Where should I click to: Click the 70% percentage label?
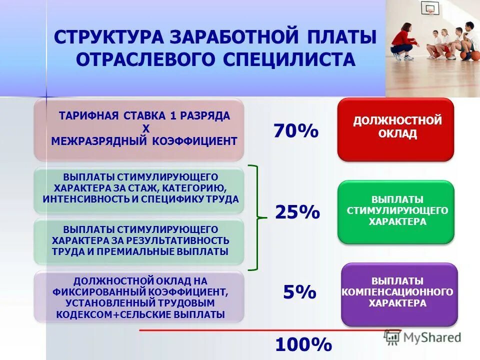(x=295, y=131)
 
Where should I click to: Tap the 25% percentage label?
(x=297, y=212)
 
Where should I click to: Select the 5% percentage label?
(x=299, y=291)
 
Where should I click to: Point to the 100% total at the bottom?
(x=303, y=344)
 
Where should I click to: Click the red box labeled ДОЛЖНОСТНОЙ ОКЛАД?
(x=395, y=129)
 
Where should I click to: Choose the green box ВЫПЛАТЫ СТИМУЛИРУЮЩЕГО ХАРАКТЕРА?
(x=395, y=211)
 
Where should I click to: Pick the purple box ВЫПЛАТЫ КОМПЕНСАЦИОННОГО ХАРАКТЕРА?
(x=398, y=294)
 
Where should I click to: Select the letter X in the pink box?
(x=146, y=129)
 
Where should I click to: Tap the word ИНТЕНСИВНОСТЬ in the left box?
(x=85, y=198)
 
